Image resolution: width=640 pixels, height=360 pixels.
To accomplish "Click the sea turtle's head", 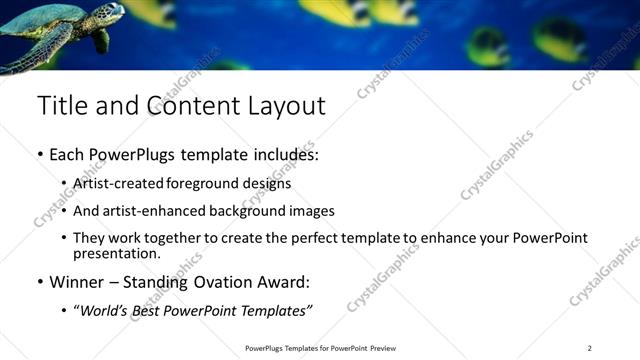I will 109,13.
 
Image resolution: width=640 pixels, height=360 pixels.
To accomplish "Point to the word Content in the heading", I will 189,106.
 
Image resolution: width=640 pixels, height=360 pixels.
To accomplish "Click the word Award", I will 293,282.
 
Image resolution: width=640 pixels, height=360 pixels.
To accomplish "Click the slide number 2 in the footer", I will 589,348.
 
